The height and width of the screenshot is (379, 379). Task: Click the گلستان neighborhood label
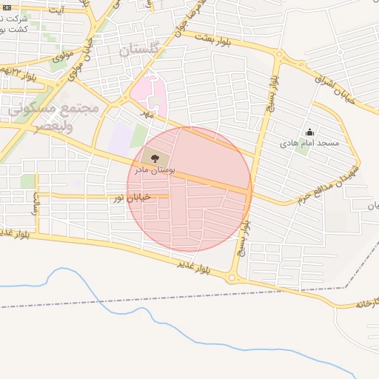pyautogui.click(x=139, y=51)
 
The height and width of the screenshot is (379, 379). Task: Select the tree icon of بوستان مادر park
pyautogui.click(x=154, y=158)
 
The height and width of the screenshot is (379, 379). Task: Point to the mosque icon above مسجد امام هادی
pyautogui.click(x=309, y=133)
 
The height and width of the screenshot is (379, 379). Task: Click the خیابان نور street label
pyautogui.click(x=131, y=198)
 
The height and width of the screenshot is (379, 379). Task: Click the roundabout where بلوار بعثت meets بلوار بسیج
pyautogui.click(x=280, y=57)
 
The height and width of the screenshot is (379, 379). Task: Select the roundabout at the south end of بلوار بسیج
pyautogui.click(x=235, y=278)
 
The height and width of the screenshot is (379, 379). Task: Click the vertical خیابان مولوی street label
pyautogui.click(x=75, y=62)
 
